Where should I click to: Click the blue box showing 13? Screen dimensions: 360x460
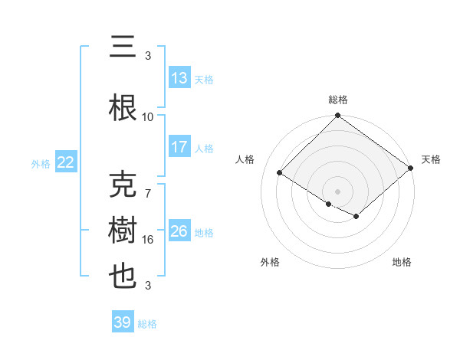click(x=179, y=78)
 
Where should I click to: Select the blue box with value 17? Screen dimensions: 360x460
click(x=179, y=147)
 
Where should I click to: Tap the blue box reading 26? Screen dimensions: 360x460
click(x=179, y=231)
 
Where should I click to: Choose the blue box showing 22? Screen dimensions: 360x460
click(x=65, y=162)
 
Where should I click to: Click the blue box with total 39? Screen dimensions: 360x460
click(x=122, y=322)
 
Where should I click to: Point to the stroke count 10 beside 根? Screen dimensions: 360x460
click(x=148, y=117)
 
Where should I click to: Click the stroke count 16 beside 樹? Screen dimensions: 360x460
click(x=148, y=240)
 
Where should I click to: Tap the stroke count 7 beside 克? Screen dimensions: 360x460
click(x=148, y=194)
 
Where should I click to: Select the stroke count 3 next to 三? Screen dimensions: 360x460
click(x=148, y=56)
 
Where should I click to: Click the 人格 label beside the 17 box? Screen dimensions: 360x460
click(x=204, y=148)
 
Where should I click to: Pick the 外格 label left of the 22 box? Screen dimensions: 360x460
click(x=41, y=163)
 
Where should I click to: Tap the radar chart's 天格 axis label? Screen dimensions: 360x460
click(x=431, y=159)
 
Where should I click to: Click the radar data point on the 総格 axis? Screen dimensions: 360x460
click(x=337, y=116)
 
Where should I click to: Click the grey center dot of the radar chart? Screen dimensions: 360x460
click(x=337, y=191)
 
